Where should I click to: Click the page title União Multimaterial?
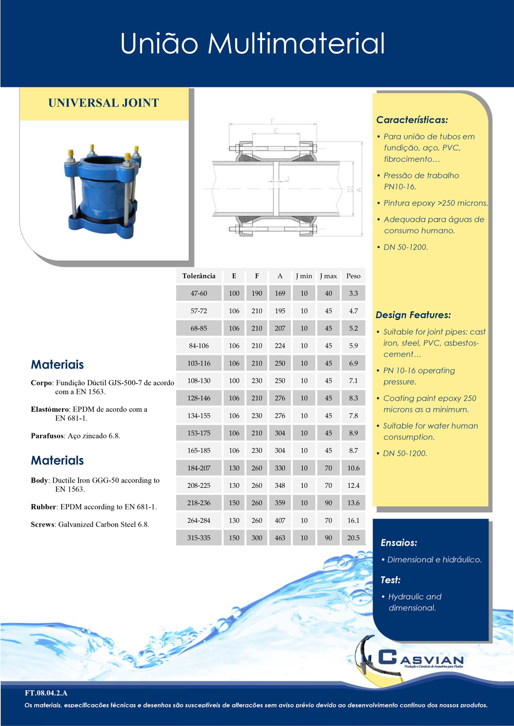[252, 44]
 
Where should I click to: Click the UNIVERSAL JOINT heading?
[103, 103]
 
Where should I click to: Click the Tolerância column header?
[199, 276]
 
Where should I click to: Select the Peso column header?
[353, 276]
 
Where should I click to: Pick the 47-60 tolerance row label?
[199, 294]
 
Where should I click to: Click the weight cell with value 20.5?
[353, 538]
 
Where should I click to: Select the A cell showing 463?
[280, 538]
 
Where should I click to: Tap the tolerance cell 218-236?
[199, 503]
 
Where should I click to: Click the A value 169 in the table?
[280, 294]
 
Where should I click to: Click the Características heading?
[412, 120]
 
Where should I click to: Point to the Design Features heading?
[413, 315]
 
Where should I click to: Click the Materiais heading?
[57, 365]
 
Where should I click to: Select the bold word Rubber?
[43, 507]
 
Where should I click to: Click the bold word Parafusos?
[48, 436]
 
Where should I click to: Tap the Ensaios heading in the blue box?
[398, 543]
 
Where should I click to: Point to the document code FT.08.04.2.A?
[46, 693]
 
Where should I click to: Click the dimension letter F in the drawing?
[272, 121]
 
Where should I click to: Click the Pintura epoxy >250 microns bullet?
[435, 203]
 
